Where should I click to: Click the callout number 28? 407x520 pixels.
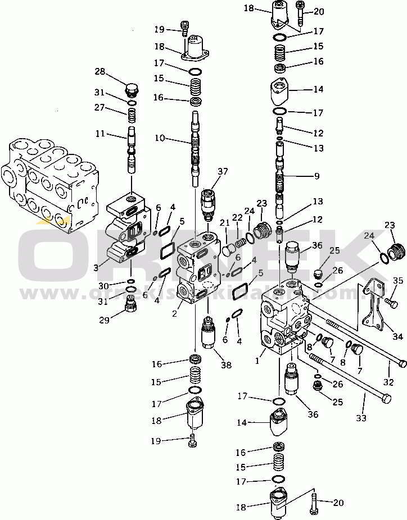pyautogui.click(x=100, y=71)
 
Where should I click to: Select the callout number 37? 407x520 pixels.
pyautogui.click(x=224, y=172)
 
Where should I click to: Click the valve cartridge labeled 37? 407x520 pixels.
pyautogui.click(x=209, y=203)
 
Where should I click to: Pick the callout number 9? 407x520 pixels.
pyautogui.click(x=316, y=176)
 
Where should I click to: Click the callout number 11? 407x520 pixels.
pyautogui.click(x=100, y=134)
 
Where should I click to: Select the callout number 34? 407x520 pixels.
pyautogui.click(x=398, y=337)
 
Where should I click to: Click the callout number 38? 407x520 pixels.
pyautogui.click(x=227, y=366)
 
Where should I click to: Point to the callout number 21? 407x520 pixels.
pyautogui.click(x=225, y=223)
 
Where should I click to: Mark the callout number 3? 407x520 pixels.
pyautogui.click(x=97, y=268)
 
